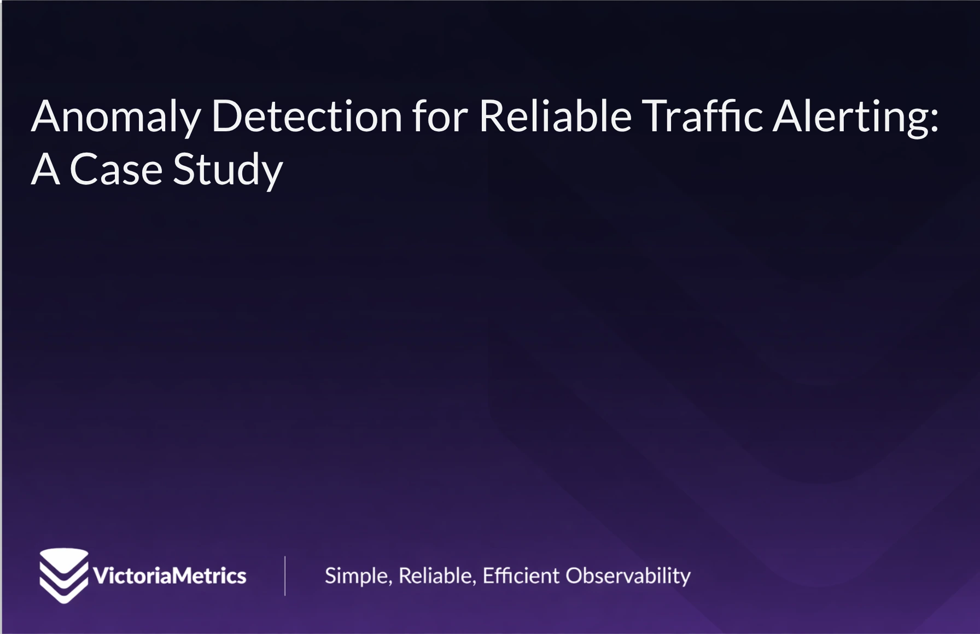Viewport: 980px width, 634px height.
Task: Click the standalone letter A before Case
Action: tap(45, 170)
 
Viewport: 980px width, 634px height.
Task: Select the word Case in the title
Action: tap(116, 170)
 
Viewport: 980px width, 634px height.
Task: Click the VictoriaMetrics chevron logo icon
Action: tap(63, 575)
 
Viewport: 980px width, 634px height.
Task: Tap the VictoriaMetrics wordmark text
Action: tap(170, 576)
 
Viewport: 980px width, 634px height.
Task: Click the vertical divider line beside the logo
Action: tap(285, 575)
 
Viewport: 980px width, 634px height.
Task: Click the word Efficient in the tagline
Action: tap(521, 575)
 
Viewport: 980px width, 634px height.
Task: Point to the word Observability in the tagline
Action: tap(628, 576)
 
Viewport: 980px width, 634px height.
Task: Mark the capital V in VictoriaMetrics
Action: tap(102, 576)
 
